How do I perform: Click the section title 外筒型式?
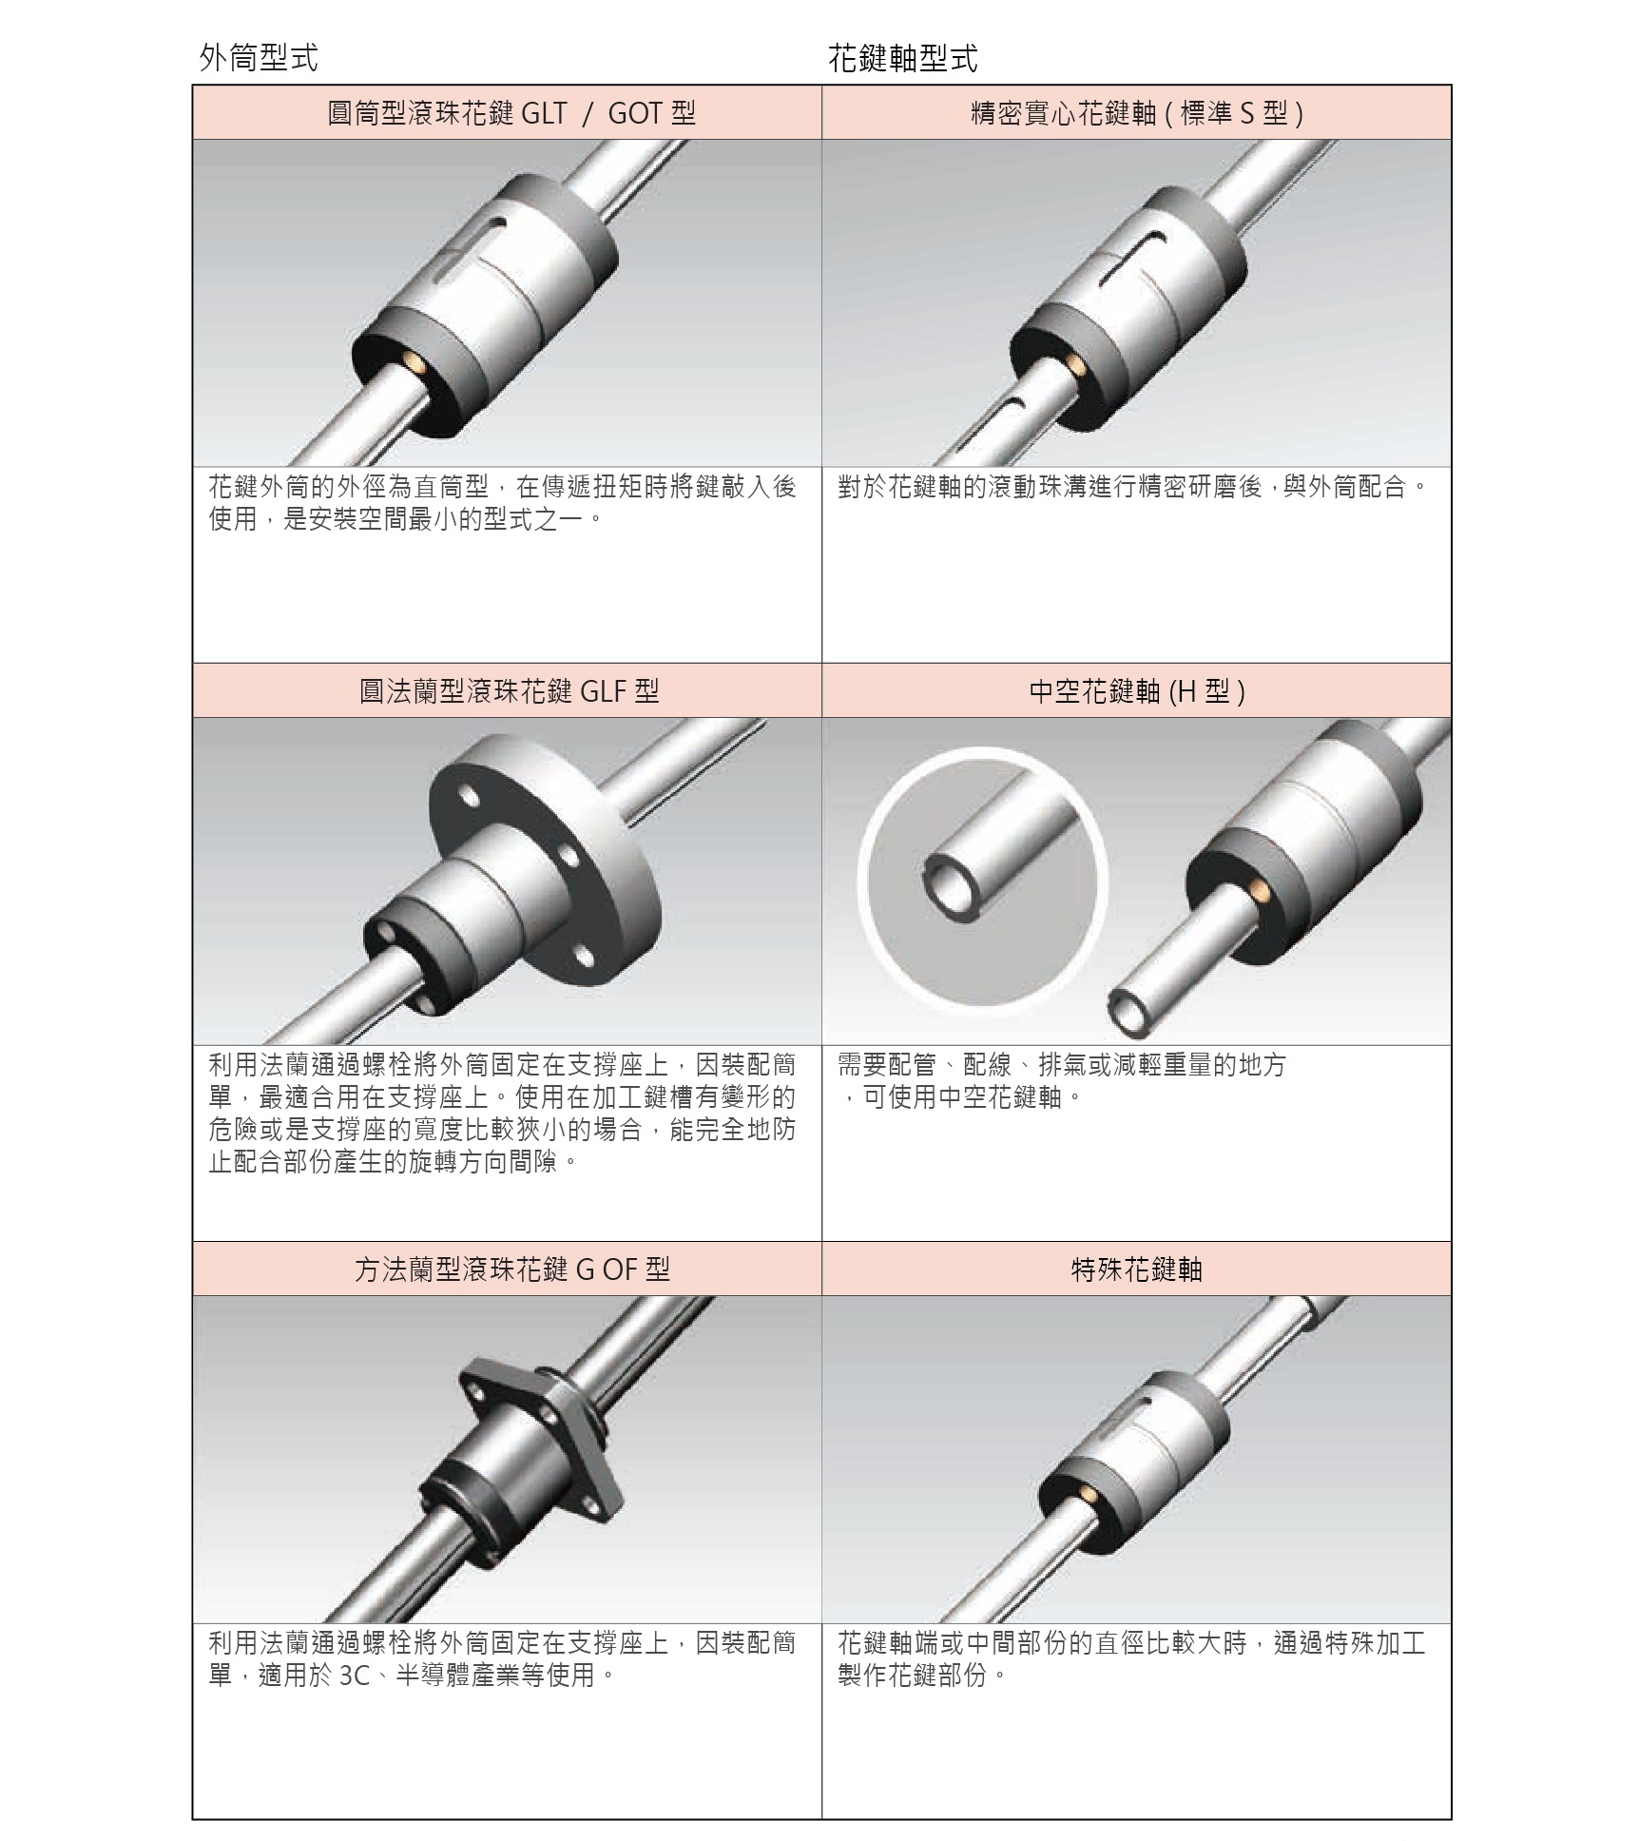(x=259, y=58)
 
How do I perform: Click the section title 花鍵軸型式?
(x=903, y=60)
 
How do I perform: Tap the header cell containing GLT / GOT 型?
(x=508, y=113)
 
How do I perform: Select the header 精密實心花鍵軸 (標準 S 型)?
(x=1136, y=113)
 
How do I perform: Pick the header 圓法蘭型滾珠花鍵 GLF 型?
(x=508, y=690)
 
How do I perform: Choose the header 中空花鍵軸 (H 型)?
(x=1136, y=690)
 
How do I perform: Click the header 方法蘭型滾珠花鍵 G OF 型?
(x=508, y=1269)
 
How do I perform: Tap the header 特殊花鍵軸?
(x=1136, y=1269)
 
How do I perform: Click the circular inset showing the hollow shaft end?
(x=982, y=877)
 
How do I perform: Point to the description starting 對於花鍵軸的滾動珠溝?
(x=1132, y=487)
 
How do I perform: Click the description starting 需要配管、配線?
(x=1061, y=1081)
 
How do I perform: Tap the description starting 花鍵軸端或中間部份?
(x=1131, y=1657)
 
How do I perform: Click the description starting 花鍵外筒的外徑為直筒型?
(x=502, y=503)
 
